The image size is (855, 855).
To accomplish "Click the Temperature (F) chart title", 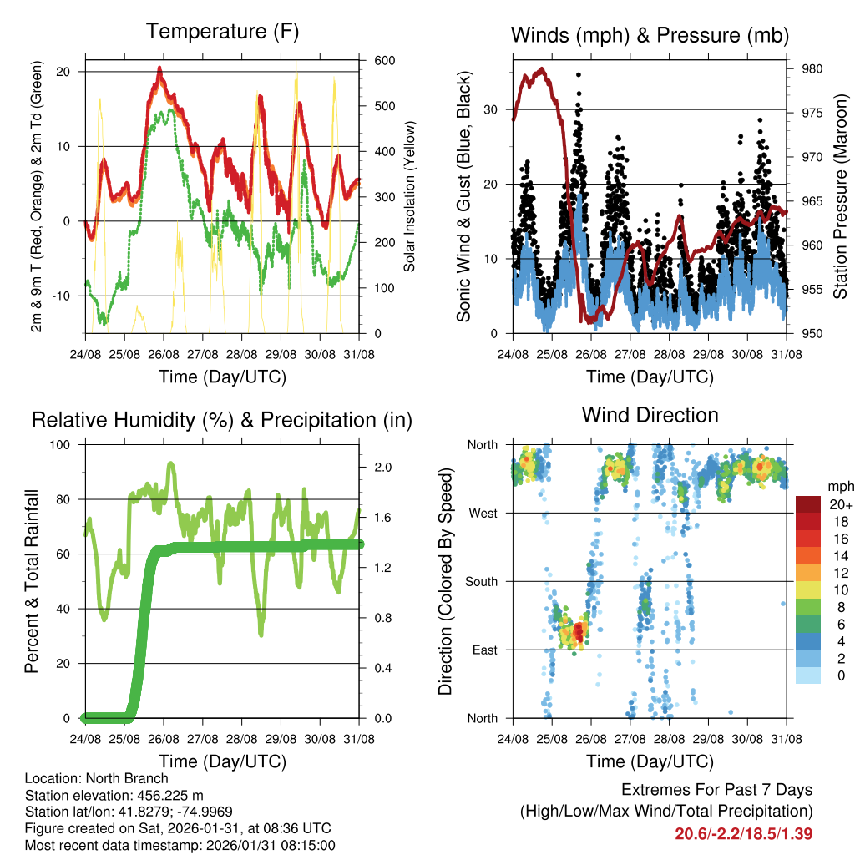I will pyautogui.click(x=222, y=32).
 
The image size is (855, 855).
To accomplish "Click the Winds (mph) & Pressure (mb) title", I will pyautogui.click(x=650, y=35).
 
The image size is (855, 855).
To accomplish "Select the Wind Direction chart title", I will pyautogui.click(x=650, y=415).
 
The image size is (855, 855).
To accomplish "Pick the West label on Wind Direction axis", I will pyautogui.click(x=483, y=514).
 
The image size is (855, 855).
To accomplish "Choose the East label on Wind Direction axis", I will pyautogui.click(x=484, y=650).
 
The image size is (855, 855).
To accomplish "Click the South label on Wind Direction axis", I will pyautogui.click(x=482, y=581).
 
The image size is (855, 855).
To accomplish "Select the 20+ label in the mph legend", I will pyautogui.click(x=839, y=504).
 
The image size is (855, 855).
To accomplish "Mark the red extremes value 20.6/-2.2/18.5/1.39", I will pyautogui.click(x=744, y=833).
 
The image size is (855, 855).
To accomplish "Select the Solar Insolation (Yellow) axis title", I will pyautogui.click(x=409, y=196).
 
